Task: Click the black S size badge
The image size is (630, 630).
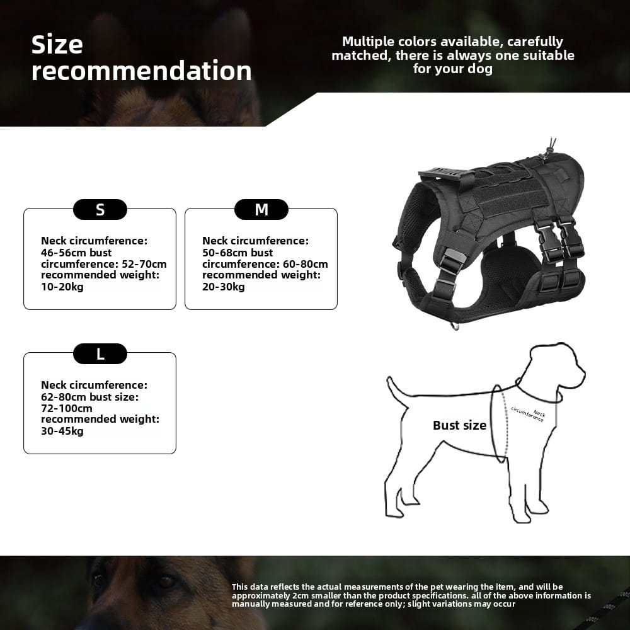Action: pos(100,210)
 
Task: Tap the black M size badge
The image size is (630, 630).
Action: pos(261,210)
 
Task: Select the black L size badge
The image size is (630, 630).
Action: pos(100,354)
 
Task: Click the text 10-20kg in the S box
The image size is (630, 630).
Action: pos(62,287)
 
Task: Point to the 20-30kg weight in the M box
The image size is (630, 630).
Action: pos(224,287)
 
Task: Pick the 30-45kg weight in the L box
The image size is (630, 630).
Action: pos(62,431)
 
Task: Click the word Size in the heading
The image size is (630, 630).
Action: pos(57,45)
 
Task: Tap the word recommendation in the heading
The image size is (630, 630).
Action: pos(142,71)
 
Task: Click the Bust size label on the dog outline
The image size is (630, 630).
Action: pos(459,425)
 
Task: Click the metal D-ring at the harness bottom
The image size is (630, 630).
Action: pos(454,326)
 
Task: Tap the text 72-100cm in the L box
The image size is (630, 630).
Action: pos(67,408)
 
